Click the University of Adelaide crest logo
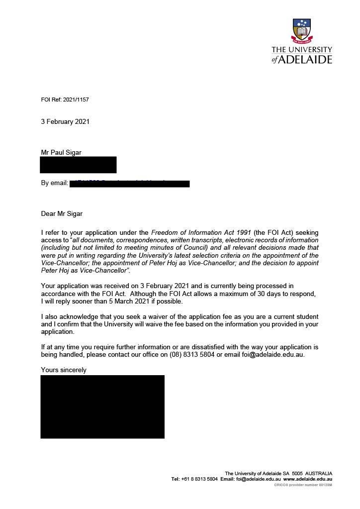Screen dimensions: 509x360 pyautogui.click(x=302, y=30)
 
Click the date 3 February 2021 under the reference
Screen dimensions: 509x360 pyautogui.click(x=65, y=121)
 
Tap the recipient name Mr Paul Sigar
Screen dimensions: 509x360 pyautogui.click(x=61, y=153)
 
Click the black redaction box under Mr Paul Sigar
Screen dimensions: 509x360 pyautogui.click(x=79, y=165)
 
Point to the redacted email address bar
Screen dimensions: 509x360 pyautogui.click(x=130, y=184)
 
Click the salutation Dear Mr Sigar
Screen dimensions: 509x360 pyautogui.click(x=62, y=214)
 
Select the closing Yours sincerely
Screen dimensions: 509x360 pyautogui.click(x=64, y=370)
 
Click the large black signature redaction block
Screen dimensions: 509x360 pyautogui.click(x=102, y=407)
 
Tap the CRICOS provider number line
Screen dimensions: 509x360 pyautogui.click(x=303, y=485)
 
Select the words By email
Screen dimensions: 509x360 pyautogui.click(x=54, y=183)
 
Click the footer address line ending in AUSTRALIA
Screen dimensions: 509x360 pyautogui.click(x=278, y=473)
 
